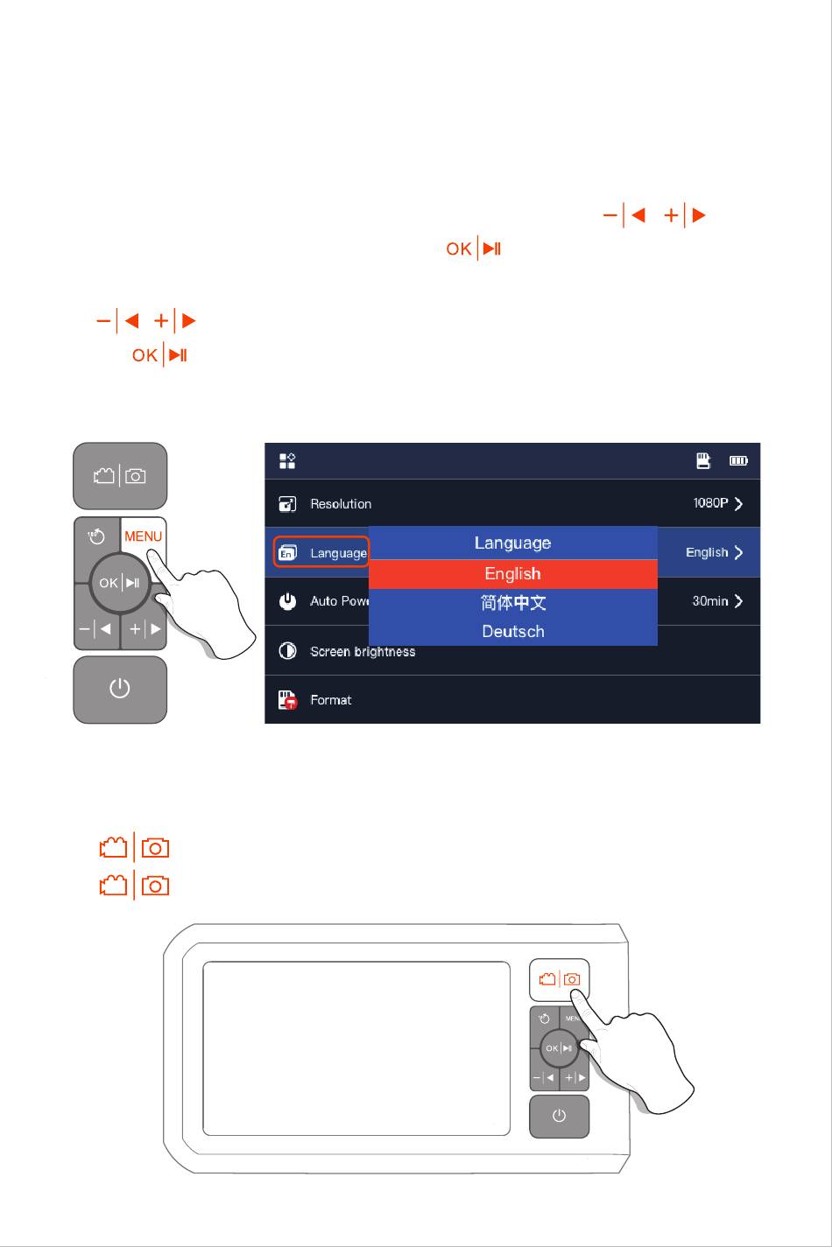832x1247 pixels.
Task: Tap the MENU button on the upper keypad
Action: [143, 536]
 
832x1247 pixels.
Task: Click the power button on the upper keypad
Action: [120, 690]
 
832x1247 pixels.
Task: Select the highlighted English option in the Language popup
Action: [512, 574]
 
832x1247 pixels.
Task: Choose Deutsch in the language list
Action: [512, 632]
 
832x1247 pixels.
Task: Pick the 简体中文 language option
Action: [512, 603]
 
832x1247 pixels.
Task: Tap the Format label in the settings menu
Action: [331, 700]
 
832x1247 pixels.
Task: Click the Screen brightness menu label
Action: [363, 652]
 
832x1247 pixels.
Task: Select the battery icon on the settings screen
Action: [739, 460]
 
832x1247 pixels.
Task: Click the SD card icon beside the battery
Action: [703, 460]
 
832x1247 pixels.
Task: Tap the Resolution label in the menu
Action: [341, 504]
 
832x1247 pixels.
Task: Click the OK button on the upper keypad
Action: [120, 583]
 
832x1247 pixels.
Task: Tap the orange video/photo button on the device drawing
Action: [560, 979]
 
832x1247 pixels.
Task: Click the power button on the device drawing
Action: [560, 1117]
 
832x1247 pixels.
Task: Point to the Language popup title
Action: [512, 543]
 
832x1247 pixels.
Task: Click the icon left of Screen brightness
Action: [287, 651]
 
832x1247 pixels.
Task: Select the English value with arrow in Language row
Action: [714, 553]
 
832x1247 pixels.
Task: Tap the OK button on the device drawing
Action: [559, 1048]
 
